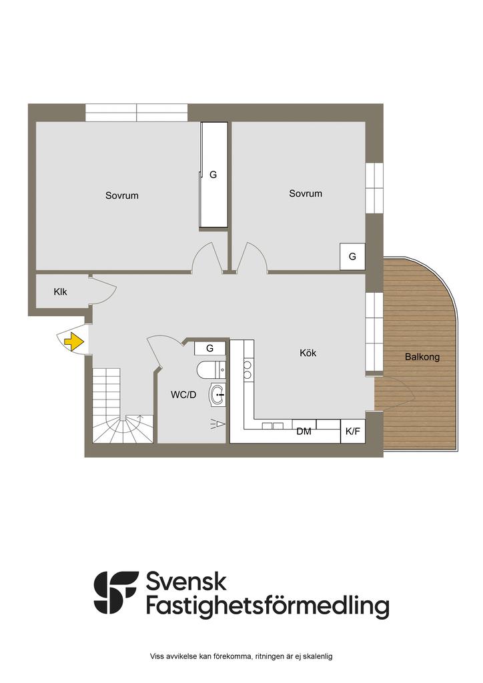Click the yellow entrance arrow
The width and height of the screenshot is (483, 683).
(74, 341)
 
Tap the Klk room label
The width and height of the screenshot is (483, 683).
(60, 292)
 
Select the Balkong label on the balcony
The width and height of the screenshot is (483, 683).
(422, 357)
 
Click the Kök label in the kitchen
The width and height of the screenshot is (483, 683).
(308, 352)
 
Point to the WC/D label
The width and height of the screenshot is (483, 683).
(183, 395)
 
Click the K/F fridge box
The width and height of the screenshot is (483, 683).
(353, 432)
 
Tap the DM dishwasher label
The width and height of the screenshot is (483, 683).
(304, 432)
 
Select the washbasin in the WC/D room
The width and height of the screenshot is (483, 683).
(217, 395)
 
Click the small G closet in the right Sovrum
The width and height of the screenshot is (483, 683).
(352, 257)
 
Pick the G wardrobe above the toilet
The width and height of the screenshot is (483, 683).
(210, 348)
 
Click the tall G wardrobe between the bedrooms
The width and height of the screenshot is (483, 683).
(213, 175)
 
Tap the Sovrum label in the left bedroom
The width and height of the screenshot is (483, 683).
(122, 195)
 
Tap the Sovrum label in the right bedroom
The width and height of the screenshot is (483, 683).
(306, 193)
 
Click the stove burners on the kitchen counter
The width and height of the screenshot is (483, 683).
(248, 370)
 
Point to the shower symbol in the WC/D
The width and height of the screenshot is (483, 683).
(217, 424)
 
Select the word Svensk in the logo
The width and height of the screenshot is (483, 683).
(186, 582)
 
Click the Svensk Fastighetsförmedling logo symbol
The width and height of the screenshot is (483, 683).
(116, 592)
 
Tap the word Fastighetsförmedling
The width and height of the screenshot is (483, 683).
(268, 607)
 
